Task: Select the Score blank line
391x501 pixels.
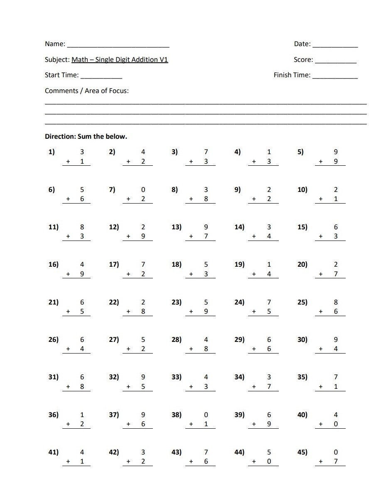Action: click(335, 62)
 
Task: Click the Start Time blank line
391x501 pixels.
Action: click(101, 78)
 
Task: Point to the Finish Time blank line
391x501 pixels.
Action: click(335, 78)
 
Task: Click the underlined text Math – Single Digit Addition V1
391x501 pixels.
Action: click(120, 59)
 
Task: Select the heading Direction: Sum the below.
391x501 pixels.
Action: click(86, 136)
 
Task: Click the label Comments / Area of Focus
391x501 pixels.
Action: click(86, 91)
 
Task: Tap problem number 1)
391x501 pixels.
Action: click(52, 152)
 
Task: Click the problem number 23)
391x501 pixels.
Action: click(177, 302)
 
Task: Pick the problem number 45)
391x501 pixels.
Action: click(302, 452)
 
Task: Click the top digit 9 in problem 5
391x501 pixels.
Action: click(336, 152)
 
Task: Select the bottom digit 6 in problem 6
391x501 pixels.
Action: click(82, 199)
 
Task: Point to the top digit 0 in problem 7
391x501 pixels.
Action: click(143, 189)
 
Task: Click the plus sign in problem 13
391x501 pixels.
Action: click(191, 236)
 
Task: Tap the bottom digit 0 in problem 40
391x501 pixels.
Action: click(336, 424)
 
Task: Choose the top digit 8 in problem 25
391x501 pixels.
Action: click(336, 302)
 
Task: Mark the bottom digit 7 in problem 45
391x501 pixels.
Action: click(336, 462)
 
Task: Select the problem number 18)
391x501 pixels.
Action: click(177, 265)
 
